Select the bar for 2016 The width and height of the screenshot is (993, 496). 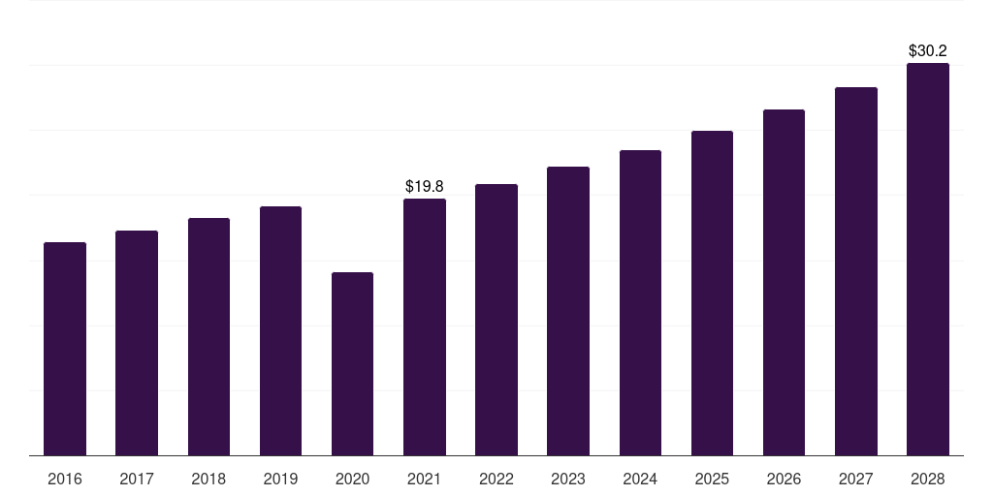click(65, 349)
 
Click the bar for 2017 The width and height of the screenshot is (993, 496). click(137, 343)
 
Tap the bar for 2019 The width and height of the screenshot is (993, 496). click(280, 331)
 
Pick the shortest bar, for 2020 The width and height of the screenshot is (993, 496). click(352, 364)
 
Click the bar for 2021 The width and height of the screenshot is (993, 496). click(425, 327)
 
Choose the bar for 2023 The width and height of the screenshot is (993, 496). click(568, 311)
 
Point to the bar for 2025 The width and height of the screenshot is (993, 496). click(712, 293)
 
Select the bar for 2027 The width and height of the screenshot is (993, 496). click(855, 271)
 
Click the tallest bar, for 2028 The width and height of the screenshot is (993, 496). click(928, 260)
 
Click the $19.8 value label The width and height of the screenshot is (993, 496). click(425, 187)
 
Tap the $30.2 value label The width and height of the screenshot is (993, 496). click(928, 51)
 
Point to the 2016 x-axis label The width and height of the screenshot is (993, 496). click(65, 479)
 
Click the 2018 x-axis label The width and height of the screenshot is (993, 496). click(208, 479)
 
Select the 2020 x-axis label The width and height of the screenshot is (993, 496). click(352, 479)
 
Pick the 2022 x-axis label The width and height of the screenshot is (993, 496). click(496, 479)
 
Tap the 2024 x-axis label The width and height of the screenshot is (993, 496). click(640, 479)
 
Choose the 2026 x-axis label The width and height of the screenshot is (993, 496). click(784, 479)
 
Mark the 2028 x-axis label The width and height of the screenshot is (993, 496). click(928, 479)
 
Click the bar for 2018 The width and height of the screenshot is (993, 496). click(209, 336)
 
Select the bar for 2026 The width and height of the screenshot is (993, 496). click(784, 282)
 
